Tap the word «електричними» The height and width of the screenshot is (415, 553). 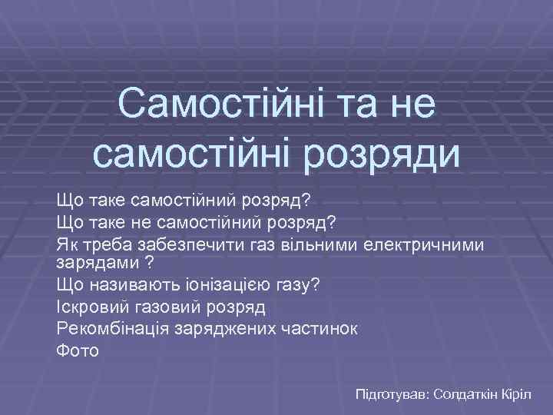[x=415, y=244]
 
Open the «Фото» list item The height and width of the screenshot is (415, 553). [x=78, y=351]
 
